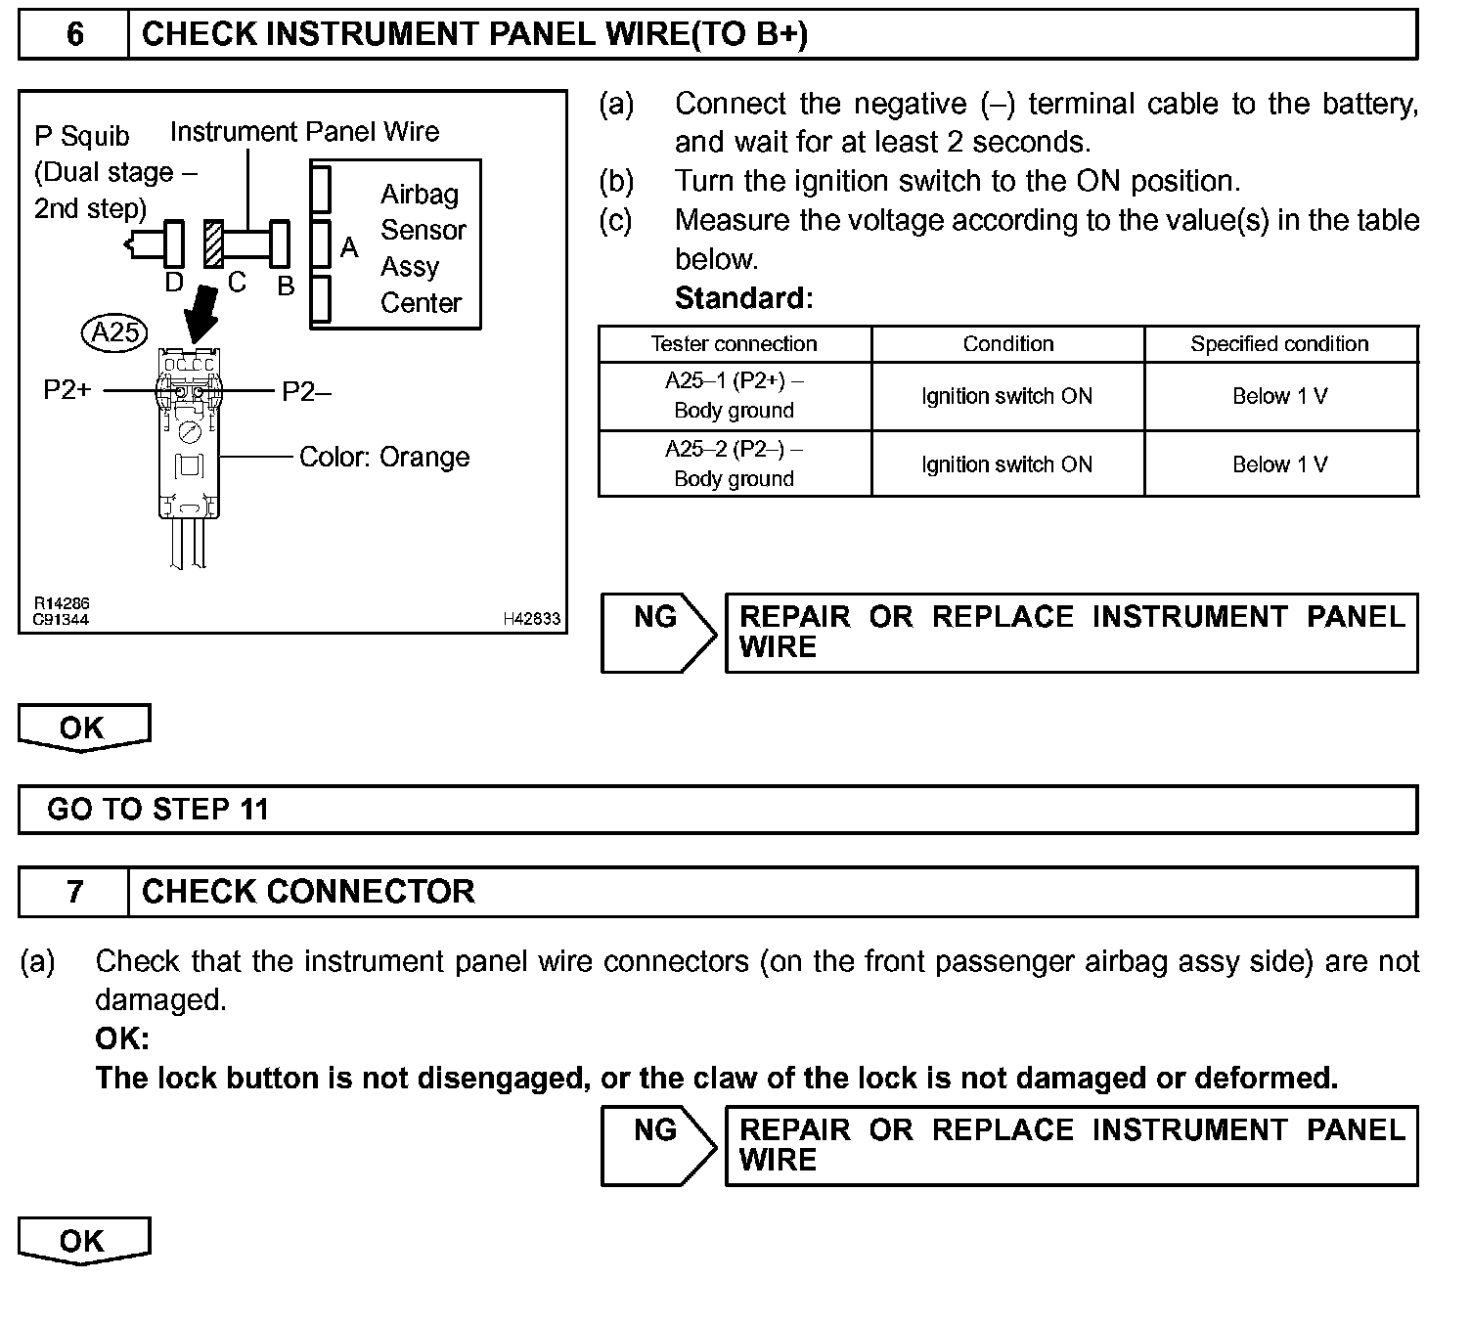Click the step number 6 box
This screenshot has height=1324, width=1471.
pos(74,35)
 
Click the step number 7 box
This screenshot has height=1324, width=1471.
pos(74,892)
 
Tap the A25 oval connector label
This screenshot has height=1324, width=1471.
pos(114,333)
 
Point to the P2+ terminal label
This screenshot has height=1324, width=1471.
pos(67,391)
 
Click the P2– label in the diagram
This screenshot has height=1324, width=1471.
pos(306,392)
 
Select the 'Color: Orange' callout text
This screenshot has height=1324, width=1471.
pos(384,458)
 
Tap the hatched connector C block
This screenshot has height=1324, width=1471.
pos(213,243)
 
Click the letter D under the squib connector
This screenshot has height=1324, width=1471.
pos(174,283)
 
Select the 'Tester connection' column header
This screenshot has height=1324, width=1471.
pos(734,344)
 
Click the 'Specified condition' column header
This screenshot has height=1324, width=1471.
pos(1279,344)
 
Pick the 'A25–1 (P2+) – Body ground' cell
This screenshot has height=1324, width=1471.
pos(734,396)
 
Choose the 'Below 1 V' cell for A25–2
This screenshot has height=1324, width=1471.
pos(1279,464)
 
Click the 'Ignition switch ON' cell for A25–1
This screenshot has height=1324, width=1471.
pos(1006,396)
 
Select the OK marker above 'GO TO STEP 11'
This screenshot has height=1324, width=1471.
pos(83,728)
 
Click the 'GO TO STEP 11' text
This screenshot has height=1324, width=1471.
pos(157,810)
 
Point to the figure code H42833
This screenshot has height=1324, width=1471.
pos(532,618)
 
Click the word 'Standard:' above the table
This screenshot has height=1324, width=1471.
pos(743,298)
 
